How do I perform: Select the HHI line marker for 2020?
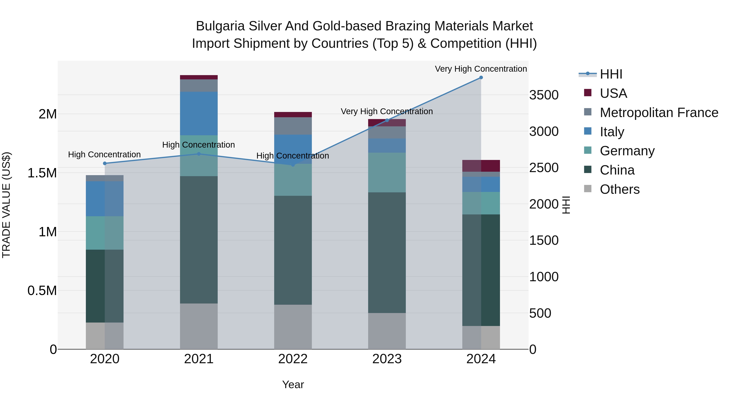pos(105,163)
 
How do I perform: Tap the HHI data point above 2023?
pos(387,120)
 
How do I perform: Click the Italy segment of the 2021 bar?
pos(199,113)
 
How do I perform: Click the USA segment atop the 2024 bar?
pos(481,166)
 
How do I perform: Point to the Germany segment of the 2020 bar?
pos(105,233)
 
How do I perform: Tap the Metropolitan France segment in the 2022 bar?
pos(293,126)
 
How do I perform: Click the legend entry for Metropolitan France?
pos(659,113)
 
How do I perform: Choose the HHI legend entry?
pos(611,74)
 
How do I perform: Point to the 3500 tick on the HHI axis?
pos(544,95)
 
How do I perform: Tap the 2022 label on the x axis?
pos(293,359)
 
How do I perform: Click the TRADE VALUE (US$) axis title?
pos(6,205)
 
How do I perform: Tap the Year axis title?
pos(293,384)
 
